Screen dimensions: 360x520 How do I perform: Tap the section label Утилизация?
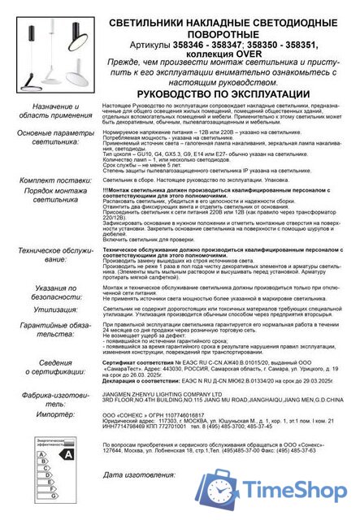59,310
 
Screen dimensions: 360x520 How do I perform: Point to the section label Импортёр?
59,413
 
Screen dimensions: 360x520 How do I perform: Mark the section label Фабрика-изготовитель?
59,398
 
